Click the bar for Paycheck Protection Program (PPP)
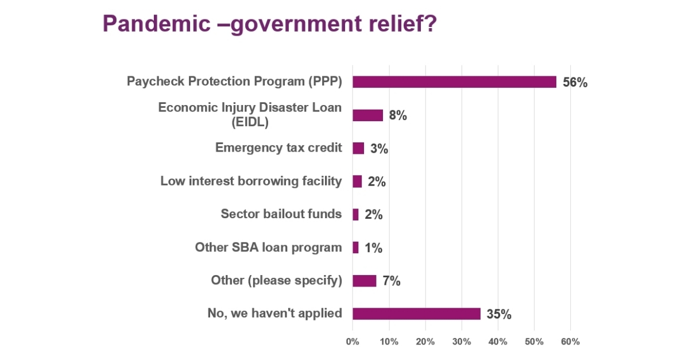[x=454, y=82]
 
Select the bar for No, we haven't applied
[x=416, y=313]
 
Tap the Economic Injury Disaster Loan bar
[x=367, y=115]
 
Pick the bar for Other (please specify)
[x=364, y=281]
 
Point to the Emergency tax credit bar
[x=358, y=148]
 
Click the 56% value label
[x=575, y=83]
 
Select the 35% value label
[x=498, y=314]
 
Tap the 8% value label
[x=397, y=115]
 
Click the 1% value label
[x=373, y=248]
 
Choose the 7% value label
[x=391, y=281]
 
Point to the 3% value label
[x=379, y=149]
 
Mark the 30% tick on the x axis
[x=462, y=342]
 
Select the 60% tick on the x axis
[x=570, y=342]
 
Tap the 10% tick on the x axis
[x=389, y=342]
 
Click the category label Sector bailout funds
[x=281, y=214]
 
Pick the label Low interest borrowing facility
[x=251, y=181]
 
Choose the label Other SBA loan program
[x=268, y=247]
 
